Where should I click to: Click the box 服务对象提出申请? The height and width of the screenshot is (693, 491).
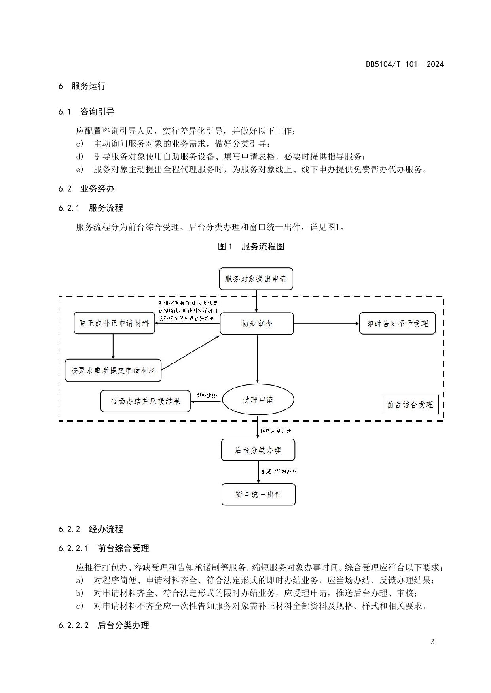point(256,279)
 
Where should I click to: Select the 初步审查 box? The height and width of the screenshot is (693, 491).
point(257,324)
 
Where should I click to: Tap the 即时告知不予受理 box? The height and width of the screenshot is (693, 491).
point(397,324)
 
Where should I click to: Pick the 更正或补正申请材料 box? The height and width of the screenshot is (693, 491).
point(114,323)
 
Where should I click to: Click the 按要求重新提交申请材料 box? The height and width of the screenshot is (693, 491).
point(113,371)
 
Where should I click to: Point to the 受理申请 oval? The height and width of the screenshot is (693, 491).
point(258,400)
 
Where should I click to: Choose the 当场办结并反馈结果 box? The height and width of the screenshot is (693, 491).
point(145,401)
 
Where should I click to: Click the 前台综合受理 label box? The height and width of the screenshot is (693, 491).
point(410,405)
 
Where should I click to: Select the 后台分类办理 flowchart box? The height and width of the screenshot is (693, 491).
point(258,450)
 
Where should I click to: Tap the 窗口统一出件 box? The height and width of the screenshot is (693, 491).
point(258,494)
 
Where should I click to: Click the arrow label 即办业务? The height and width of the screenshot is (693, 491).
point(207,395)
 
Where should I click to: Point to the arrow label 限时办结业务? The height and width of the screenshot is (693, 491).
point(276,430)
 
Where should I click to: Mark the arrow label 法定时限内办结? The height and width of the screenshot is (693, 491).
point(279,471)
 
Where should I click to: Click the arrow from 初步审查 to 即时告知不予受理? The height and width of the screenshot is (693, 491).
point(326,324)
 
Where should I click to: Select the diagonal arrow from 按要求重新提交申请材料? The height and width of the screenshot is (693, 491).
point(191,353)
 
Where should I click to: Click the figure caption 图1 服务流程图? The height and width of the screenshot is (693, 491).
point(251,247)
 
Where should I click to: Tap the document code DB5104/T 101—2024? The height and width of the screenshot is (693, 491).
point(405,64)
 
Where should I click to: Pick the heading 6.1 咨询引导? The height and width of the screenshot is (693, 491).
point(86,111)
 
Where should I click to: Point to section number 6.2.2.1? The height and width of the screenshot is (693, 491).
point(73,548)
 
